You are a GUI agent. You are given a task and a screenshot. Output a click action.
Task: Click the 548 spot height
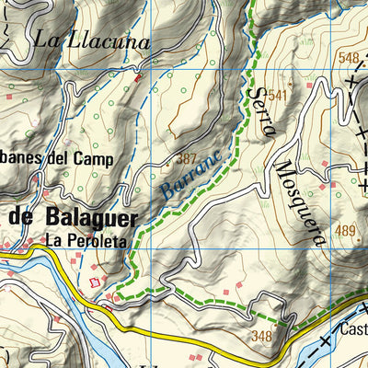[x=349, y=58]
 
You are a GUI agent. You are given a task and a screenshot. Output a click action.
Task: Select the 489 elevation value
[x=345, y=230]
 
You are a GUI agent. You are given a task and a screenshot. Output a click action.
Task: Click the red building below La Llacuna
[x=138, y=79]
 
